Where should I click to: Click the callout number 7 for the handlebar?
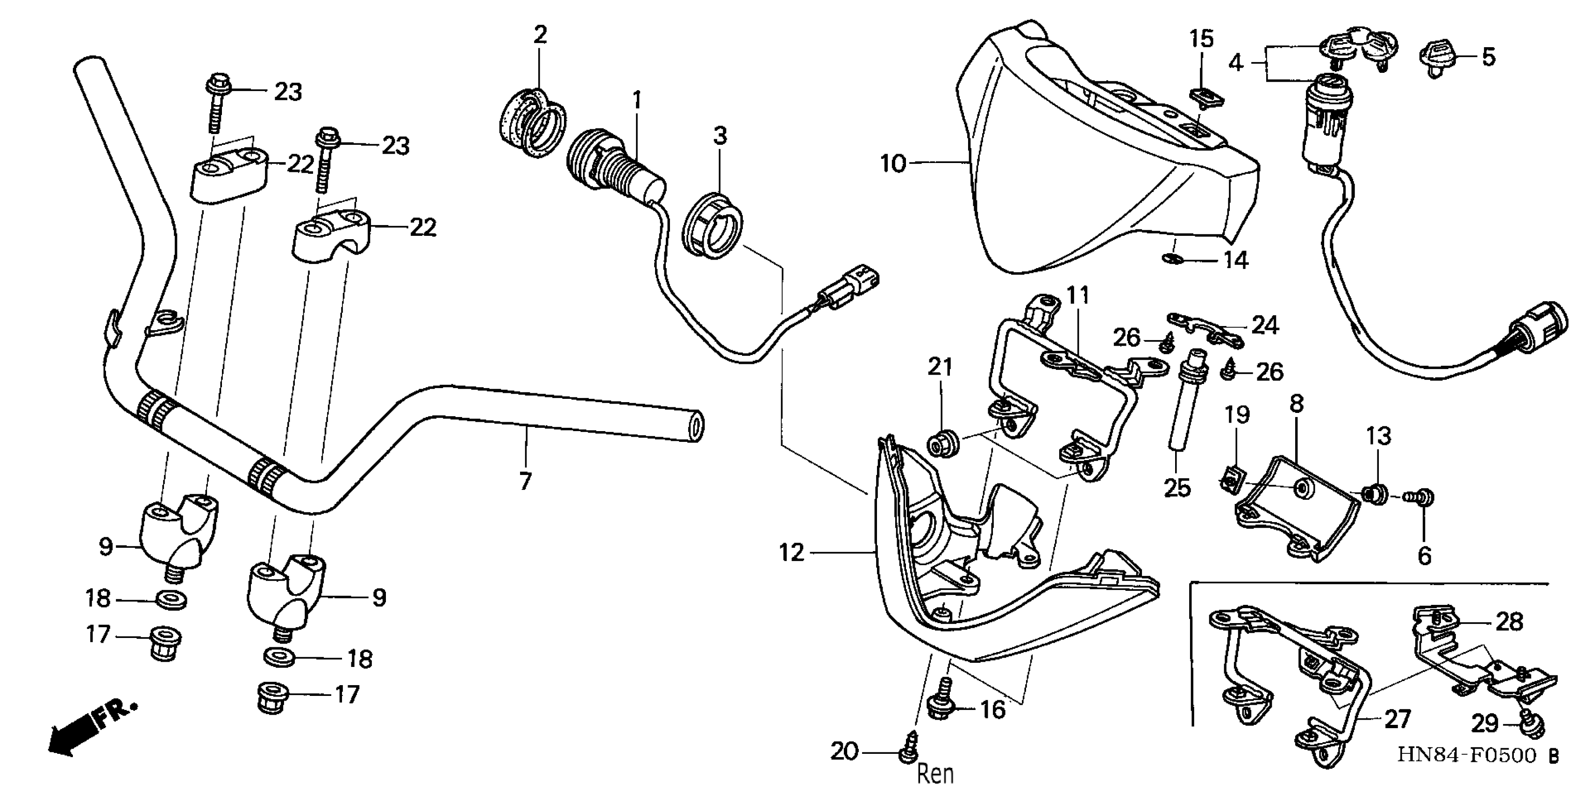(525, 481)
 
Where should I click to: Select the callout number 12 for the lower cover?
(792, 553)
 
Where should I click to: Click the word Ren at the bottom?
(935, 773)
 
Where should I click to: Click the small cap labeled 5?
(1440, 57)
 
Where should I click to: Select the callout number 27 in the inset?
(1398, 719)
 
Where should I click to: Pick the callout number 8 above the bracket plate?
(1297, 404)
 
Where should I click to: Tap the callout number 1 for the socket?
(636, 100)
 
